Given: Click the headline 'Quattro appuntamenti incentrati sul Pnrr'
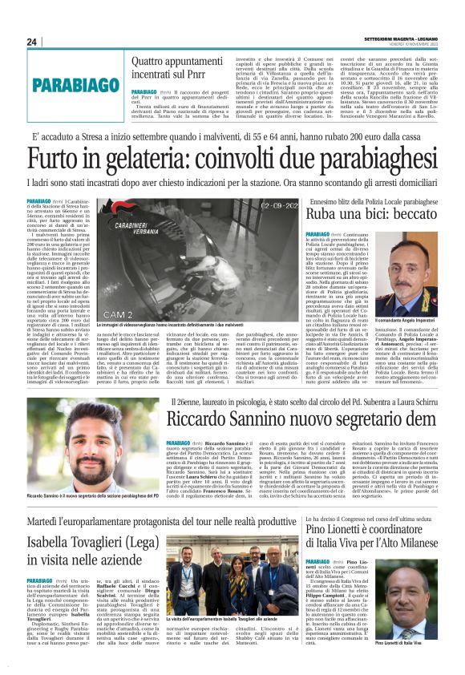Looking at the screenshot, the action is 174,66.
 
